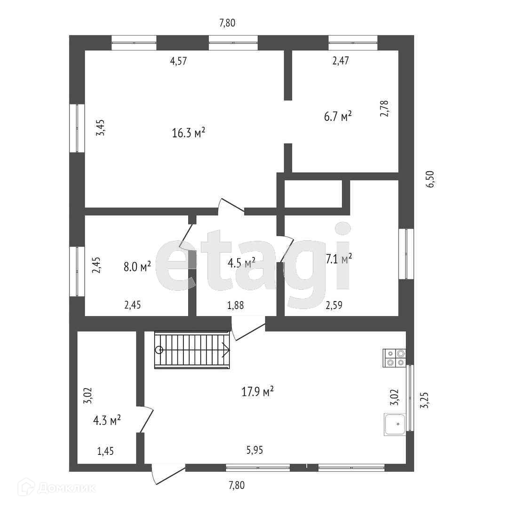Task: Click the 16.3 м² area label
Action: pos(189,133)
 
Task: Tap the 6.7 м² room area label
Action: pos(338,116)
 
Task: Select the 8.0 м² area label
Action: pos(137,267)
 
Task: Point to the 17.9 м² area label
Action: pos(258,392)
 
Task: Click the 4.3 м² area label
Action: pos(107,420)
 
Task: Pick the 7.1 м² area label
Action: pos(339,258)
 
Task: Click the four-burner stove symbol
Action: pos(395,357)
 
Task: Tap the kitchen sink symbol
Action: pos(395,424)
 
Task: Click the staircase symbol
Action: pos(192,350)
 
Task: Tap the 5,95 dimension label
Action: pos(255,450)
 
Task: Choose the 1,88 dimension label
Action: pos(235,305)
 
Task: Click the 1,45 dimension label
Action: pos(105,452)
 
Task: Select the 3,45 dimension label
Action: pos(100,127)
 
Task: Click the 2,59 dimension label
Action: pos(334,305)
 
